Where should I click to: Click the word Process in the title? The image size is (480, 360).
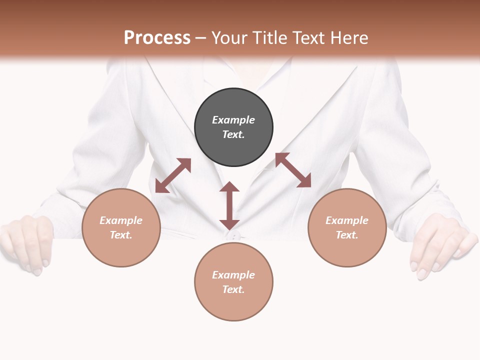(157, 38)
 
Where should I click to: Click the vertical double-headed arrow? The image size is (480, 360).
(229, 205)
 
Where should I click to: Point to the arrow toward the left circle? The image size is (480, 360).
(173, 175)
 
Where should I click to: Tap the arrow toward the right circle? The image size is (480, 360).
(293, 170)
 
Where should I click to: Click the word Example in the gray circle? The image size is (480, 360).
(233, 120)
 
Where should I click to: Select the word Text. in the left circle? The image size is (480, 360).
(121, 235)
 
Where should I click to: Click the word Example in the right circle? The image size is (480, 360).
(347, 220)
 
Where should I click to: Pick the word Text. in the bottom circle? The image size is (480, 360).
(233, 289)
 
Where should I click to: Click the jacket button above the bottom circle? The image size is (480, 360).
(233, 236)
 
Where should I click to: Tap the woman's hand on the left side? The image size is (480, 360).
(27, 242)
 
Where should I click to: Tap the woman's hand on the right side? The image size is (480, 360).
(440, 245)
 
